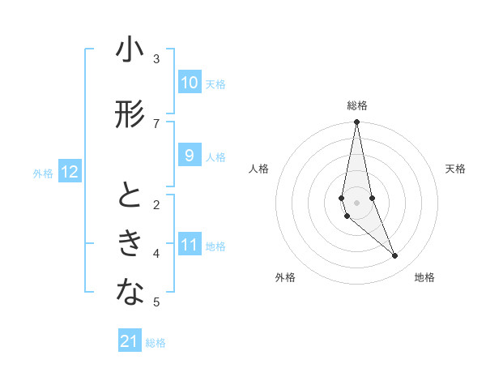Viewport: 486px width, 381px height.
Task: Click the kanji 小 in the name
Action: click(x=130, y=51)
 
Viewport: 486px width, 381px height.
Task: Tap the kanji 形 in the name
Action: click(x=130, y=115)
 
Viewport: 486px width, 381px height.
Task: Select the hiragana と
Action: click(x=130, y=197)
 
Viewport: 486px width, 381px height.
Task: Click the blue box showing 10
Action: click(x=189, y=83)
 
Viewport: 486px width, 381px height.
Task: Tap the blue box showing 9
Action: click(x=189, y=156)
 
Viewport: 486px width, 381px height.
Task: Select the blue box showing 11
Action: click(x=189, y=245)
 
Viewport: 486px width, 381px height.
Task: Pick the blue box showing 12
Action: click(x=70, y=172)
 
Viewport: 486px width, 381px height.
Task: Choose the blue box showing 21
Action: click(x=130, y=341)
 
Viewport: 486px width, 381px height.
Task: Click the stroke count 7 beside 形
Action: click(x=156, y=123)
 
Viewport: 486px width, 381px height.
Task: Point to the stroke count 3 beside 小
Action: click(x=156, y=58)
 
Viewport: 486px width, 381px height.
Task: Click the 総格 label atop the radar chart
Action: click(x=356, y=105)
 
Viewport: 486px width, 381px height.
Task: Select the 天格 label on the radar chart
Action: click(x=455, y=169)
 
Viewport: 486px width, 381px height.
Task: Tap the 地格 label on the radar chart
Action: click(x=424, y=277)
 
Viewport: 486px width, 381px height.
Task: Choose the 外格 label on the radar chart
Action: click(x=285, y=277)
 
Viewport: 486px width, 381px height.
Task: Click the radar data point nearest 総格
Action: click(x=356, y=122)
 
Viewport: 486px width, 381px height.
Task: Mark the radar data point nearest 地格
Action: click(x=394, y=256)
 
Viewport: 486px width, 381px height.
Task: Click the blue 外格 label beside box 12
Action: click(x=42, y=173)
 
